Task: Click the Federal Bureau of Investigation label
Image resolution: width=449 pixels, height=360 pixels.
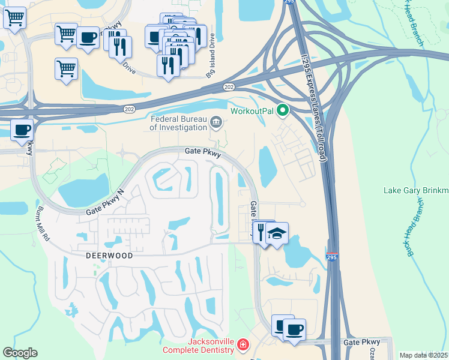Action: coord(178,122)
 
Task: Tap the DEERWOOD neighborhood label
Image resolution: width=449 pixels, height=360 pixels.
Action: coord(100,255)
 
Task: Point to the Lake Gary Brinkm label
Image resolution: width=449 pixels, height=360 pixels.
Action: coord(415,191)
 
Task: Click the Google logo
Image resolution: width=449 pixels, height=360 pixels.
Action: coord(20,353)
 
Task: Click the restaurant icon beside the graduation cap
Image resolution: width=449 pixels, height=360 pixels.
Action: coord(261,231)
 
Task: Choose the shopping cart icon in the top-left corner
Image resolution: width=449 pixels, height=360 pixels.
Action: coord(14,17)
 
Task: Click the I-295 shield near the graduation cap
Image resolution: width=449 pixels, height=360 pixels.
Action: coord(332,257)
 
